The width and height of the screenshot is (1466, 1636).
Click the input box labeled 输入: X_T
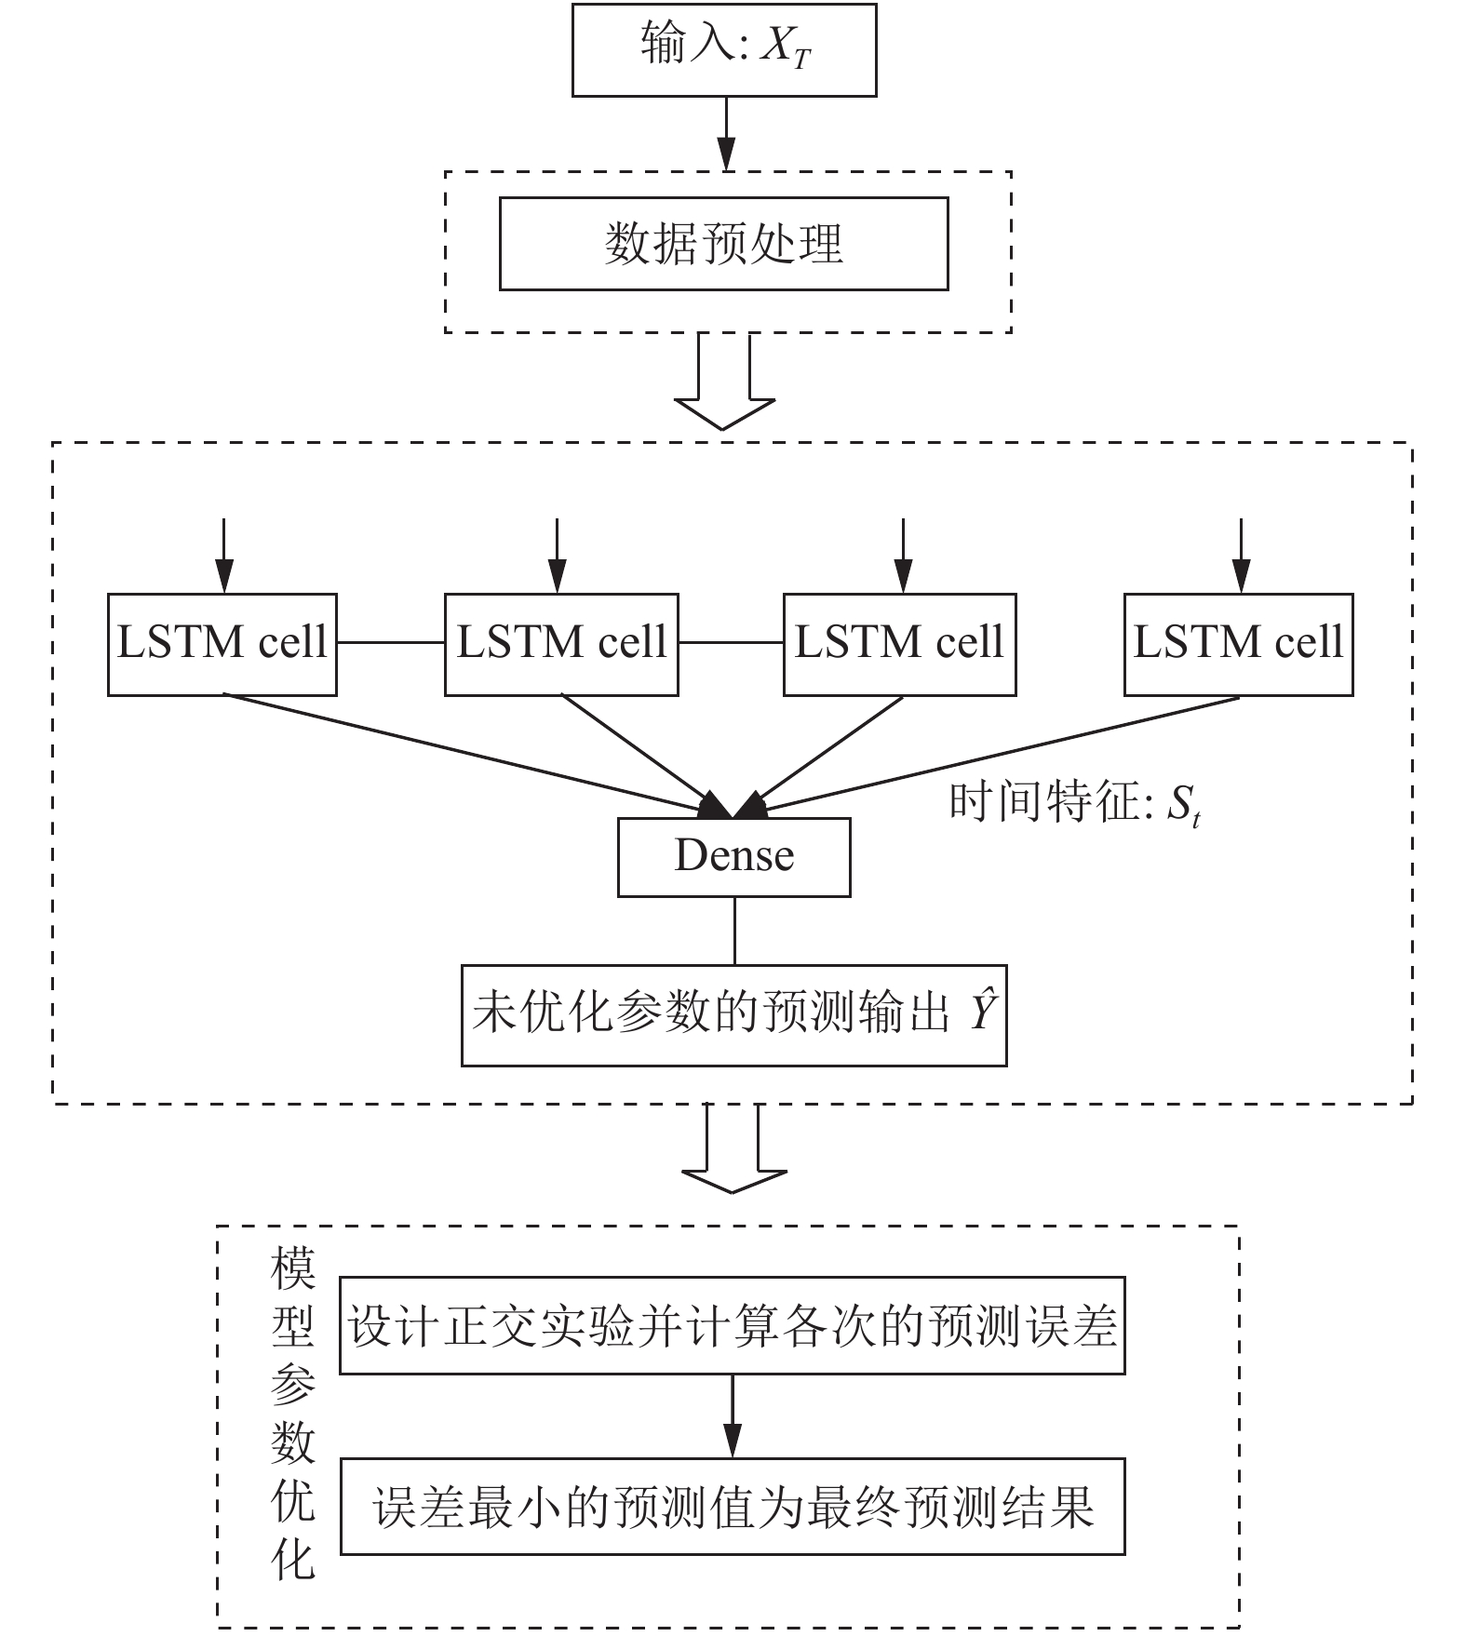[x=724, y=49]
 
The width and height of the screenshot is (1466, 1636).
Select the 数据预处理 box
[x=724, y=244]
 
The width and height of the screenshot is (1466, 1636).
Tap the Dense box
[x=734, y=857]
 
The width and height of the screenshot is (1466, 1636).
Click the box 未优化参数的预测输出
[x=734, y=1015]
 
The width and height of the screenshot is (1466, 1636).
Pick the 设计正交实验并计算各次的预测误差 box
[x=733, y=1326]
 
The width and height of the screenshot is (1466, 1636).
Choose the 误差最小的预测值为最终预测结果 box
[x=733, y=1507]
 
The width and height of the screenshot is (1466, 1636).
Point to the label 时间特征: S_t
[x=1075, y=803]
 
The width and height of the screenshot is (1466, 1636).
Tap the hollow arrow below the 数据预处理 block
[x=724, y=382]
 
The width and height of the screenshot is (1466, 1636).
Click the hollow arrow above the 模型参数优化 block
[x=734, y=1148]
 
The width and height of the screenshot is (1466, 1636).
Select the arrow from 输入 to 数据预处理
[x=726, y=134]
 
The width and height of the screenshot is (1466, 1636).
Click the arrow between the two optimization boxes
[x=733, y=1416]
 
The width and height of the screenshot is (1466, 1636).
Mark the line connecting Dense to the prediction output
[x=735, y=932]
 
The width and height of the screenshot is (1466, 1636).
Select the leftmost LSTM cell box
[x=222, y=645]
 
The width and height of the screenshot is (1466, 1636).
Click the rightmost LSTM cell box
[x=1239, y=645]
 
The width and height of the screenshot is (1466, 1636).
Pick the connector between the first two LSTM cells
[x=391, y=642]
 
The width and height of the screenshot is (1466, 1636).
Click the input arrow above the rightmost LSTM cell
[x=1240, y=556]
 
